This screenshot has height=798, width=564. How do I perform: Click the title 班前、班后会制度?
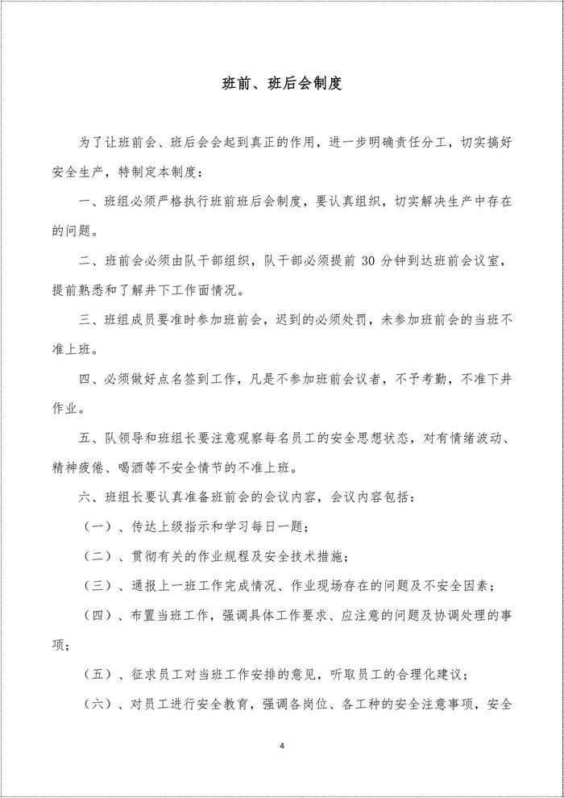tap(282, 83)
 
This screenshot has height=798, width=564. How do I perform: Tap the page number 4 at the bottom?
tap(282, 746)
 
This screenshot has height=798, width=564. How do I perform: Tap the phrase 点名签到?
tap(184, 378)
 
